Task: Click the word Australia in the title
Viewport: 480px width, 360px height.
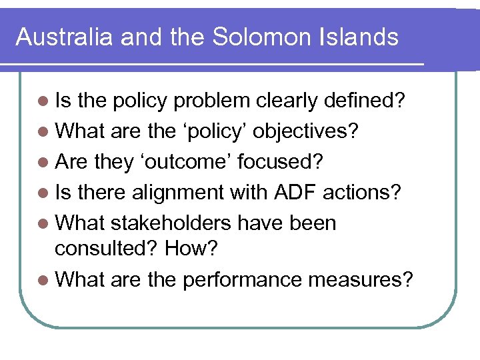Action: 64,37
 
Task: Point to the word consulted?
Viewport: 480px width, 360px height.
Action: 107,248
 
